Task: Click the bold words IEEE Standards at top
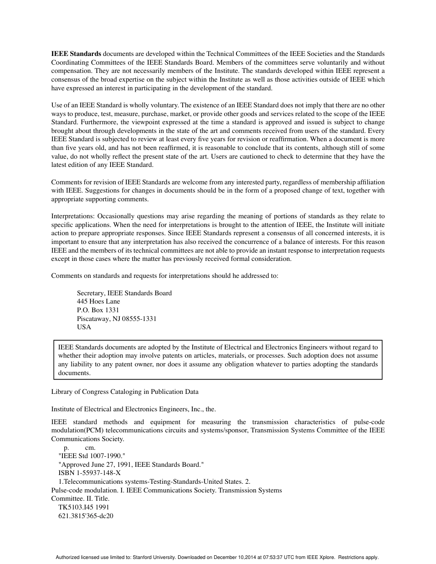[76, 54]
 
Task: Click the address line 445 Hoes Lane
[98, 301]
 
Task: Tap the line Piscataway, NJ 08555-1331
[117, 318]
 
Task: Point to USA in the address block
[84, 327]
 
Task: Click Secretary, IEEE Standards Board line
[124, 293]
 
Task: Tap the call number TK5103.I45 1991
[84, 507]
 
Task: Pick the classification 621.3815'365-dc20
[86, 515]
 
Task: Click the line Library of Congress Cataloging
[125, 392]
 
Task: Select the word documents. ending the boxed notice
[74, 373]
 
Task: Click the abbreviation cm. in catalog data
[90, 448]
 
